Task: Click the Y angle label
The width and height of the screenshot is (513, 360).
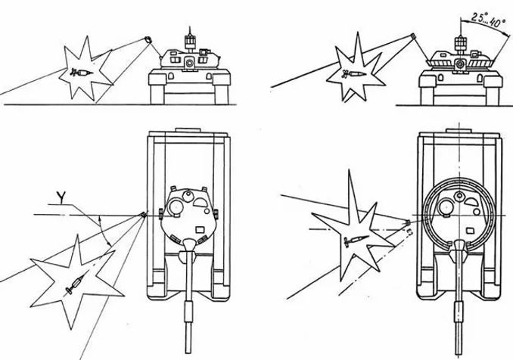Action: [x=60, y=197]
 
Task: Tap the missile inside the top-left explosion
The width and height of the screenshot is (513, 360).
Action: [x=82, y=73]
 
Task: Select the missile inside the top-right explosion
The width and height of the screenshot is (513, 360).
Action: [x=353, y=74]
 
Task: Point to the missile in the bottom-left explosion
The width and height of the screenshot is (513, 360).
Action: [x=75, y=284]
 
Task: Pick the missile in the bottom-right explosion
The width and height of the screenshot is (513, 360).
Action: [x=357, y=240]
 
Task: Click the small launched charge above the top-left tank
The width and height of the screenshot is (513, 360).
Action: [x=148, y=40]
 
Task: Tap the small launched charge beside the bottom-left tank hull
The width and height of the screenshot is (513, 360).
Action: [x=143, y=215]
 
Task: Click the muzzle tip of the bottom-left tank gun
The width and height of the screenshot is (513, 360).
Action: [x=188, y=352]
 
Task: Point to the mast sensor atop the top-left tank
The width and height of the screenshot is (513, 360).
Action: [x=189, y=42]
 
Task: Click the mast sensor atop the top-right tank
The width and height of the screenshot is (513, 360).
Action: [x=460, y=42]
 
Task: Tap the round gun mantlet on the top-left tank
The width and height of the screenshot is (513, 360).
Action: [x=188, y=63]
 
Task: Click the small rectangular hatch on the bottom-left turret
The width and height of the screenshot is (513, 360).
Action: [x=199, y=229]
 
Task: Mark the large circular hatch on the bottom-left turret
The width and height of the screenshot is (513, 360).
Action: [x=175, y=206]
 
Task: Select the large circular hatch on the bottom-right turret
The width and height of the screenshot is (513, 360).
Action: [x=446, y=207]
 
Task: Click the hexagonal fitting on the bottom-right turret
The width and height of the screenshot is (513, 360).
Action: [x=460, y=196]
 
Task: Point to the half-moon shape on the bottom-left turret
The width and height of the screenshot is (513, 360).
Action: [x=200, y=203]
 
